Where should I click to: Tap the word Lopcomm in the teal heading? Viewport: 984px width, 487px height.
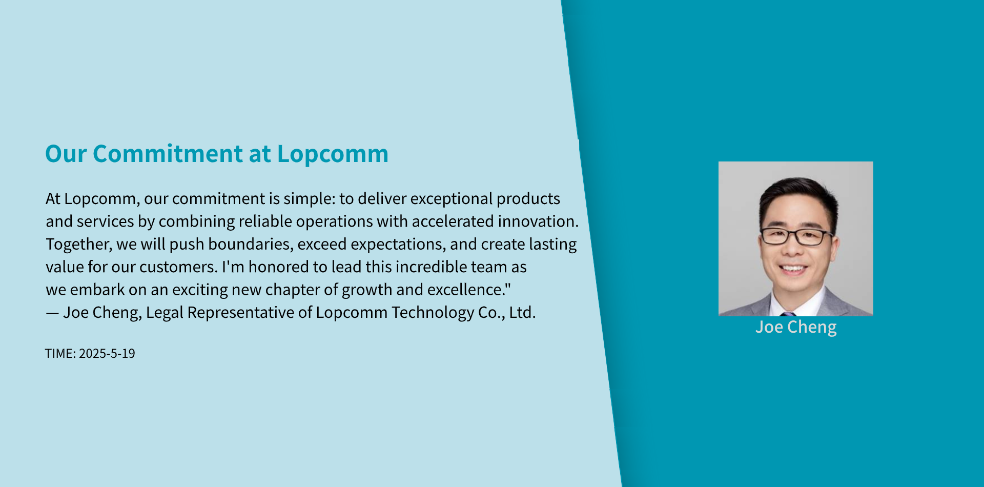(333, 154)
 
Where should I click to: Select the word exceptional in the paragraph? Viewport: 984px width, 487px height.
(451, 199)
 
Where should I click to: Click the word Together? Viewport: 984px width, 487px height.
(79, 245)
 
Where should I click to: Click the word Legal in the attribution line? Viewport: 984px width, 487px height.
(165, 313)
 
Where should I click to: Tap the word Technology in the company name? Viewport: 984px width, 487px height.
(433, 313)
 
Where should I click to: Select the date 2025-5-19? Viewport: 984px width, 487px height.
(107, 354)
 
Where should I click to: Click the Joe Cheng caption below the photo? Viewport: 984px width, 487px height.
(796, 327)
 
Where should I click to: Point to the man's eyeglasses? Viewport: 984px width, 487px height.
(796, 236)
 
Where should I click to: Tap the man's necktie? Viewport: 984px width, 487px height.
(788, 313)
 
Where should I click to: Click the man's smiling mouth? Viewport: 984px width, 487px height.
(793, 268)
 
